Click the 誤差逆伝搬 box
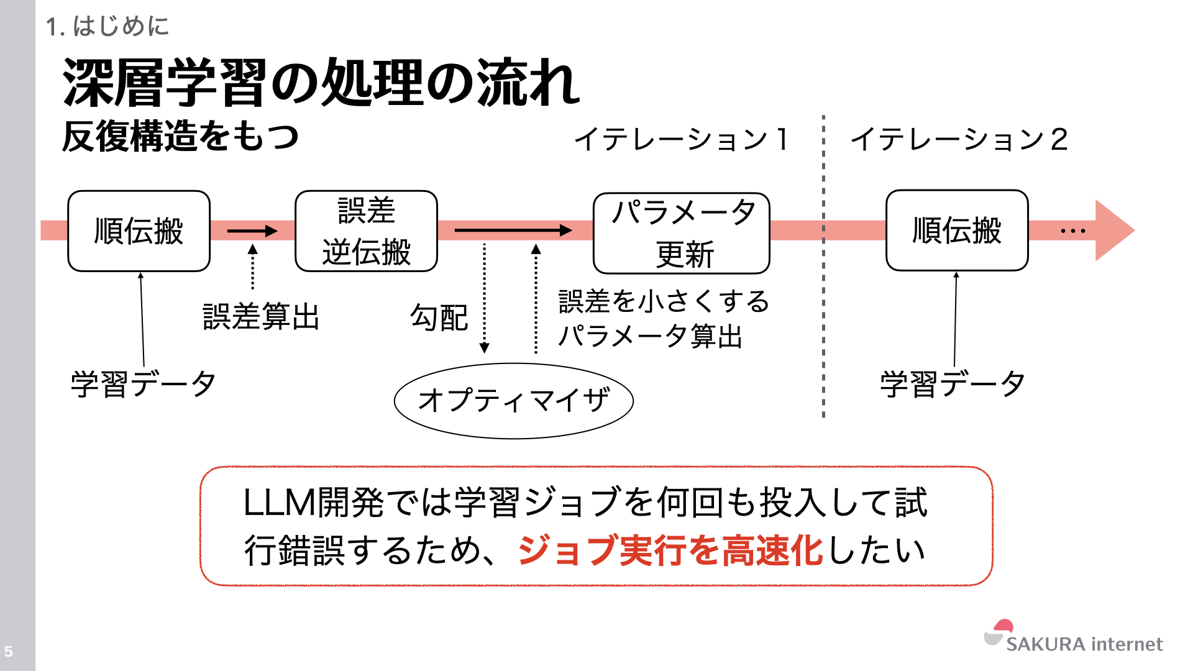[x=366, y=231]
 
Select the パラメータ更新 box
[x=682, y=233]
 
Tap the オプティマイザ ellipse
[x=514, y=401]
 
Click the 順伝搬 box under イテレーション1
[x=139, y=231]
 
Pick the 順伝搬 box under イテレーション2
[x=957, y=231]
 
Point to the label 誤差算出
[x=261, y=317]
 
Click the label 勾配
[x=439, y=318]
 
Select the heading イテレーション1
[x=682, y=139]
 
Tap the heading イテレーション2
[x=959, y=139]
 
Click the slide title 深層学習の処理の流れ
[x=321, y=83]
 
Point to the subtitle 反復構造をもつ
[x=180, y=137]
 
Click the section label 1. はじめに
[x=107, y=26]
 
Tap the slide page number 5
[x=9, y=652]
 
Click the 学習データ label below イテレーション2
[x=953, y=383]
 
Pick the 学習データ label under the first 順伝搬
[x=143, y=383]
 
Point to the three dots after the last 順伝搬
[x=1073, y=231]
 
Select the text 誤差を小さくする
[x=664, y=302]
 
